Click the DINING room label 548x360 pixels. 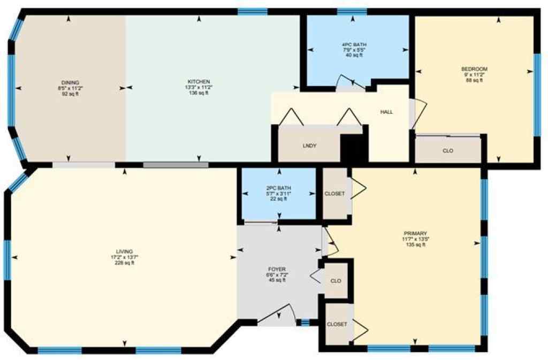[x=70, y=82]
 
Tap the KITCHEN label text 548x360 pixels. [x=199, y=82]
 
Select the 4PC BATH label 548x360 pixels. [x=354, y=44]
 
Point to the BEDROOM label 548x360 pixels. [x=474, y=69]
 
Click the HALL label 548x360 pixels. [x=386, y=112]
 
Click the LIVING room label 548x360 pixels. [x=124, y=251]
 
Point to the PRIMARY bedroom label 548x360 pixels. [x=415, y=233]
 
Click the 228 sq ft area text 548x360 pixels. [x=124, y=263]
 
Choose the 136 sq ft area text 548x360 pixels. [x=199, y=93]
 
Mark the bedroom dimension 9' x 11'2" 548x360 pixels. [x=474, y=75]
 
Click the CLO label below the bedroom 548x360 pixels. [x=448, y=151]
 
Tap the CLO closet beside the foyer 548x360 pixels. [x=336, y=281]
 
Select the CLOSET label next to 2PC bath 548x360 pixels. [x=335, y=194]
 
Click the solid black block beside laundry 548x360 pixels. [x=354, y=148]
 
